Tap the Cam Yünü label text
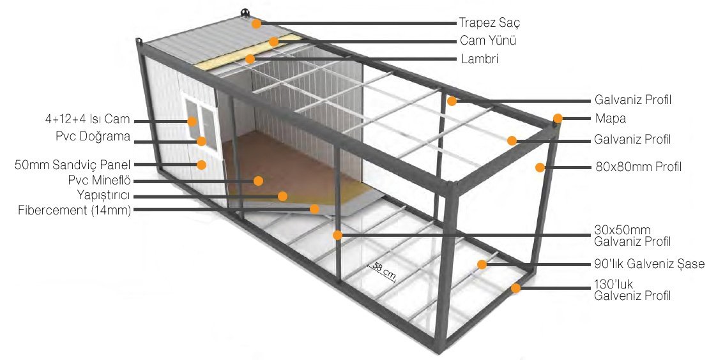(x=487, y=41)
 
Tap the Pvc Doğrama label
(x=93, y=137)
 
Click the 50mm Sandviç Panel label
(x=73, y=165)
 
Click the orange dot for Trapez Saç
(x=256, y=24)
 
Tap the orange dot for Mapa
(x=558, y=118)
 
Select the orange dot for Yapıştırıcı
(x=282, y=196)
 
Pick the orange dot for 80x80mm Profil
(x=540, y=168)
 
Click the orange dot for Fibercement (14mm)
(x=314, y=209)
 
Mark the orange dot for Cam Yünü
(x=273, y=42)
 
